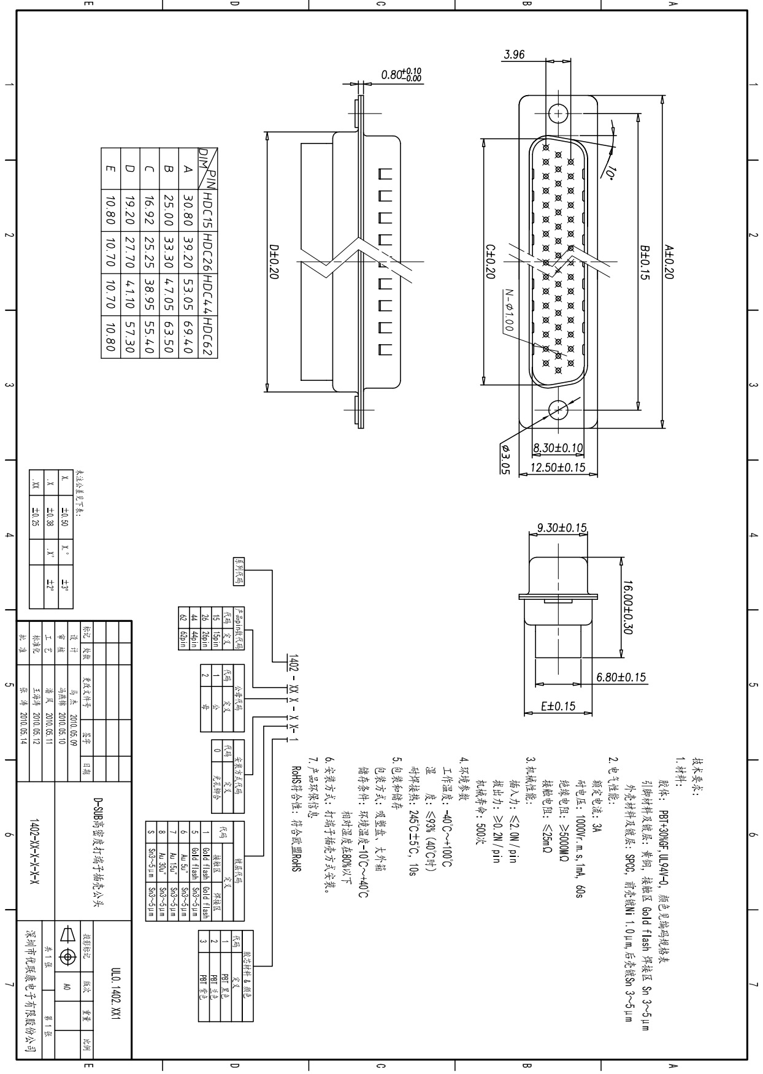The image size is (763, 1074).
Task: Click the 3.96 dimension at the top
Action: click(514, 55)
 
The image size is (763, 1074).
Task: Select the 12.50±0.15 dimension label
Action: click(558, 467)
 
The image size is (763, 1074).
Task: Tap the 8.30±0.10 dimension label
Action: click(558, 448)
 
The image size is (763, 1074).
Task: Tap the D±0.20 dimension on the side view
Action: click(274, 262)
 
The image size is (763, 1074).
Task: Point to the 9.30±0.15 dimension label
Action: click(562, 527)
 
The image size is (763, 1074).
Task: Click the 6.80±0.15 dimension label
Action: click(621, 677)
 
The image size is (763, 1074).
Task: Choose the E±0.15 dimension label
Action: click(558, 706)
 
